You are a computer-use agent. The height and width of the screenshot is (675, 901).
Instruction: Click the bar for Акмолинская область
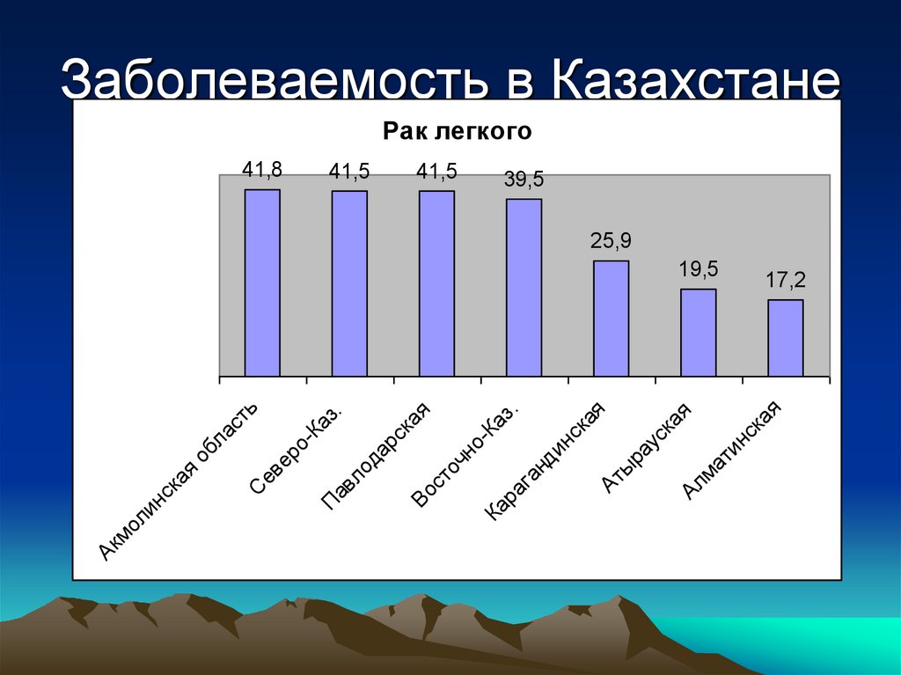click(x=262, y=283)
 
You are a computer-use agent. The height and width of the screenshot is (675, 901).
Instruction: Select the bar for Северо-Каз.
click(x=349, y=283)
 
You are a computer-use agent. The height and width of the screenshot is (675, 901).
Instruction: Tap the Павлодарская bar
click(x=436, y=283)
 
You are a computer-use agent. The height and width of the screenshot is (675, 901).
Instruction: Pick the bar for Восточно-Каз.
click(x=524, y=288)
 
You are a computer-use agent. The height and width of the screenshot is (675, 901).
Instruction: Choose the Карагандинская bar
click(x=611, y=319)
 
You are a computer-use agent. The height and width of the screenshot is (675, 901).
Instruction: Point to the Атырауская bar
click(x=698, y=333)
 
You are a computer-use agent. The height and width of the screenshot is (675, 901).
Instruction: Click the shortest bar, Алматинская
click(x=785, y=338)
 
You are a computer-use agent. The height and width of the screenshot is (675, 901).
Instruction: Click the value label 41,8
click(x=262, y=171)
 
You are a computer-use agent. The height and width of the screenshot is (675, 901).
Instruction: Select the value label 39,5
click(x=524, y=180)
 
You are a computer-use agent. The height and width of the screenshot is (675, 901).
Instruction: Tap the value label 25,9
click(x=611, y=241)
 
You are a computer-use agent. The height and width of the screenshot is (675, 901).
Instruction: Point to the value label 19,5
click(x=698, y=269)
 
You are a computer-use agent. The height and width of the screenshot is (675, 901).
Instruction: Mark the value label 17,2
click(x=785, y=281)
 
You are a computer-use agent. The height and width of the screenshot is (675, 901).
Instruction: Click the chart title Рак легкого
click(x=458, y=132)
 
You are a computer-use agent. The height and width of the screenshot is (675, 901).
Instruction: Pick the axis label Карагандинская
click(x=546, y=461)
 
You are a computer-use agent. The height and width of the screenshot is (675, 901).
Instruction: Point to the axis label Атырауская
click(x=648, y=447)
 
